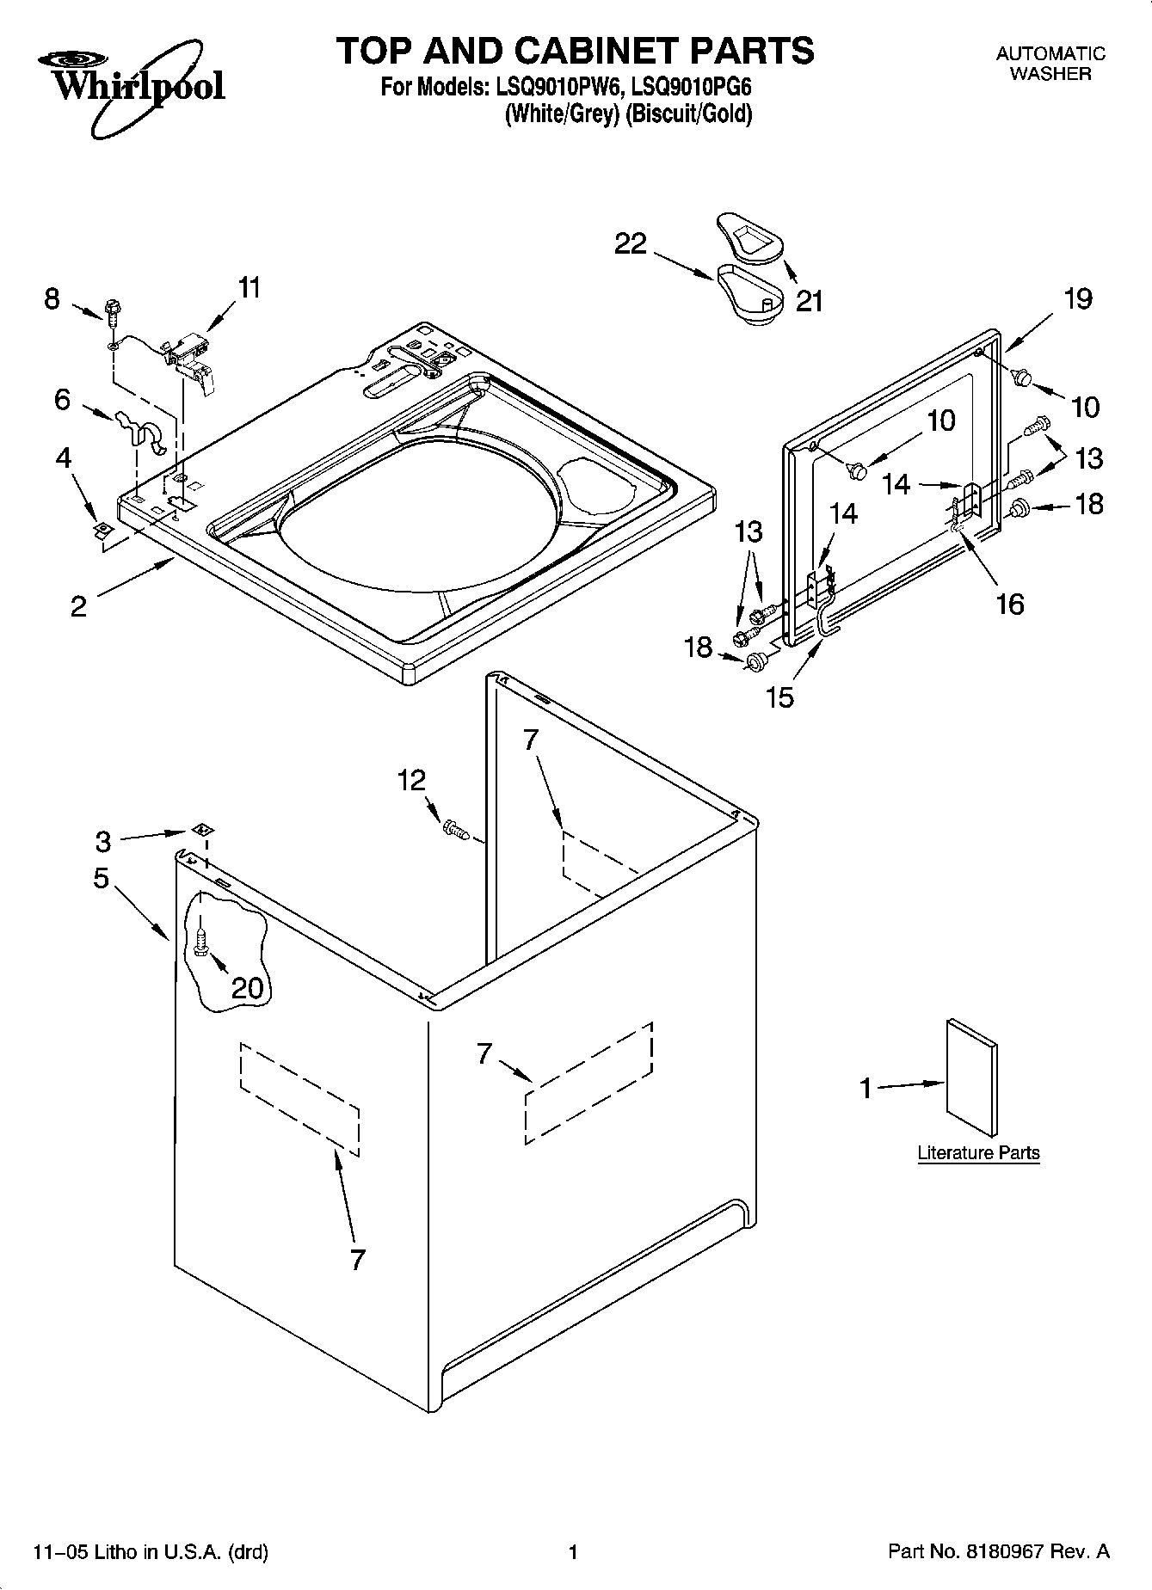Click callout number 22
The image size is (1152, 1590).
(x=630, y=244)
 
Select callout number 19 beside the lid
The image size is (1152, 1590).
(x=1077, y=299)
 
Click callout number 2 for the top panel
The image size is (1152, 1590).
(x=78, y=607)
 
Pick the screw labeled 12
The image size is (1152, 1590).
(x=453, y=829)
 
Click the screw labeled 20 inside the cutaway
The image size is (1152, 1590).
(x=200, y=942)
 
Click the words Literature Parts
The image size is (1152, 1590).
(x=978, y=1153)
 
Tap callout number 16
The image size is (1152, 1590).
(x=1009, y=604)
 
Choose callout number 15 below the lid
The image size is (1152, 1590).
(x=779, y=697)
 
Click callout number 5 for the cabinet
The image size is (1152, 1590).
(x=102, y=878)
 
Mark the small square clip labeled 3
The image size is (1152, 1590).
(x=203, y=830)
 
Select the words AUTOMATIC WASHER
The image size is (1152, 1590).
(x=1050, y=64)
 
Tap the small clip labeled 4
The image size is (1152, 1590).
(x=102, y=530)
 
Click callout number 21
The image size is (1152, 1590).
(x=810, y=301)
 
